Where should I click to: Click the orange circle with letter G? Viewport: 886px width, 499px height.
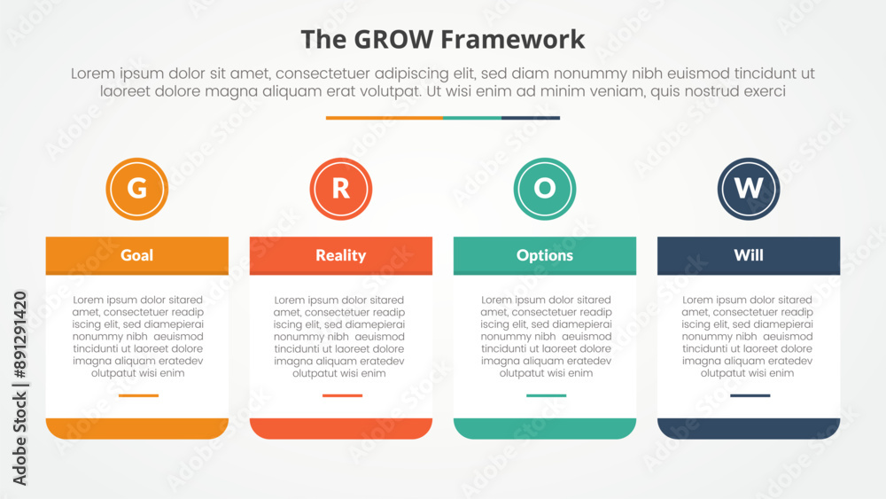136,189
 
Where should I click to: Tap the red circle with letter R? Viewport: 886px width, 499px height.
341,189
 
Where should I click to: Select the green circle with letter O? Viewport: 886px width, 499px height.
545,189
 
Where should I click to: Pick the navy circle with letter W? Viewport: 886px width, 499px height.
749,189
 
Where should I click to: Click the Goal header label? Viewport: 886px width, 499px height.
136,255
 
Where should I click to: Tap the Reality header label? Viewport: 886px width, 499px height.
341,255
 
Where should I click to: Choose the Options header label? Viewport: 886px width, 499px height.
545,255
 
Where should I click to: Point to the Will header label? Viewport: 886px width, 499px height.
749,255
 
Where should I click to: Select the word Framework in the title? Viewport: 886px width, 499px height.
512,40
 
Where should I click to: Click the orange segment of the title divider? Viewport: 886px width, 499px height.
385,118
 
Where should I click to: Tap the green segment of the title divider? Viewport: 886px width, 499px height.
472,118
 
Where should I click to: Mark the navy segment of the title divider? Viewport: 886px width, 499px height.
531,118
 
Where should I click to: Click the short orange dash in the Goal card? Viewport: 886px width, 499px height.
138,395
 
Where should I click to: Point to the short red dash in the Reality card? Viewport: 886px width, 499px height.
342,395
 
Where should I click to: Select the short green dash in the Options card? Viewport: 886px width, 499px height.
547,395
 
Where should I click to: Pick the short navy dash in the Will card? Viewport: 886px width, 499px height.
750,395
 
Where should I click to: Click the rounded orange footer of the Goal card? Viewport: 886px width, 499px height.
136,428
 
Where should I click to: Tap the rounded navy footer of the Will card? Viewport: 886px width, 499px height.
749,428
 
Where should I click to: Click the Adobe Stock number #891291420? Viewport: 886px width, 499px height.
19,334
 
